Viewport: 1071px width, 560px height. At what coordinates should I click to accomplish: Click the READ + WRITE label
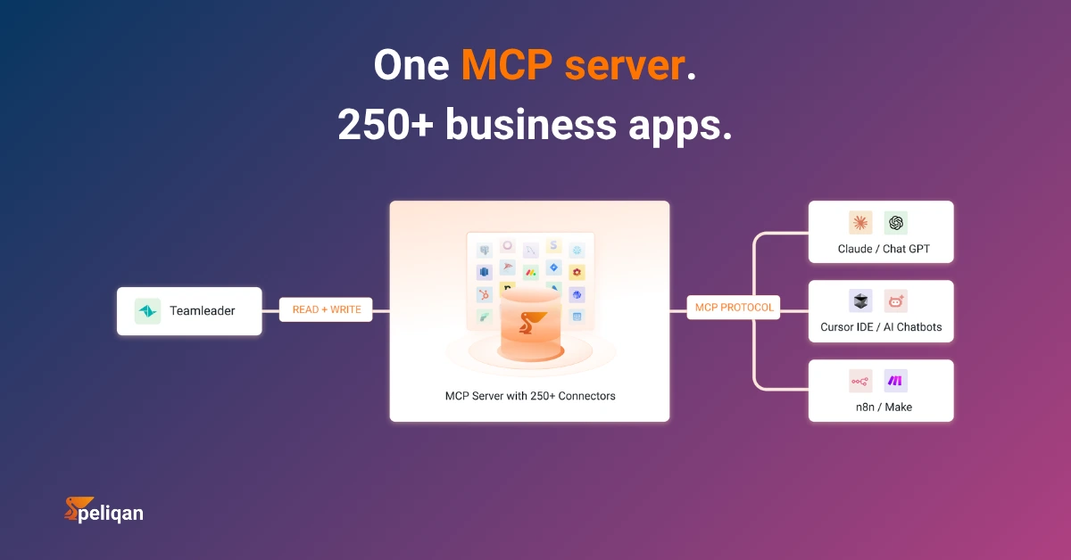pyautogui.click(x=326, y=309)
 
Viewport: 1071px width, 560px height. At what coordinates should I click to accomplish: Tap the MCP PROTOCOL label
pyautogui.click(x=734, y=308)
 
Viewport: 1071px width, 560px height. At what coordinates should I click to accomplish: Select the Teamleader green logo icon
pyautogui.click(x=148, y=311)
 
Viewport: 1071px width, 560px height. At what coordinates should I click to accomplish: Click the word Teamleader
pyautogui.click(x=203, y=311)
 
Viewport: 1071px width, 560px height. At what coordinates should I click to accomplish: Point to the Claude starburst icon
pyautogui.click(x=860, y=223)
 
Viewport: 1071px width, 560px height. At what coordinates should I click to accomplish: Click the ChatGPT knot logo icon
pyautogui.click(x=895, y=223)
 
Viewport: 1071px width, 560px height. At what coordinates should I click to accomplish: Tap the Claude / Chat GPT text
pyautogui.click(x=884, y=249)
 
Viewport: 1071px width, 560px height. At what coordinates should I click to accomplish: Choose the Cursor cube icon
pyautogui.click(x=860, y=301)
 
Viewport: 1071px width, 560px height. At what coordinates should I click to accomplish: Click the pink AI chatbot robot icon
pyautogui.click(x=895, y=301)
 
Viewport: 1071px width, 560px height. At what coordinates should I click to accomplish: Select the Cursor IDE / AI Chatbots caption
pyautogui.click(x=881, y=327)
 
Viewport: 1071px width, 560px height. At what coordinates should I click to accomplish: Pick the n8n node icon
pyautogui.click(x=860, y=382)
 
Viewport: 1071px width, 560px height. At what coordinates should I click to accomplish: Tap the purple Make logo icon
pyautogui.click(x=895, y=382)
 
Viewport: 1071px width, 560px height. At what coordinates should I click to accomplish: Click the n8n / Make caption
pyautogui.click(x=884, y=408)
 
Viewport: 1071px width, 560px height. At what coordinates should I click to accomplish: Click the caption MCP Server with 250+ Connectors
pyautogui.click(x=530, y=396)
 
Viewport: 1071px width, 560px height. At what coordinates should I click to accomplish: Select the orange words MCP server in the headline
pyautogui.click(x=573, y=65)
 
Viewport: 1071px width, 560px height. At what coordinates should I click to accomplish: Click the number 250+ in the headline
pyautogui.click(x=386, y=125)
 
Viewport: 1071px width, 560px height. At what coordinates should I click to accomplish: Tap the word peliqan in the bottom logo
pyautogui.click(x=111, y=513)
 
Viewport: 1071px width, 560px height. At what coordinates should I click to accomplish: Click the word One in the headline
pyautogui.click(x=411, y=65)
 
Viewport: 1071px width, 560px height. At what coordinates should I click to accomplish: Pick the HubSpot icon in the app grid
pyautogui.click(x=485, y=295)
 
